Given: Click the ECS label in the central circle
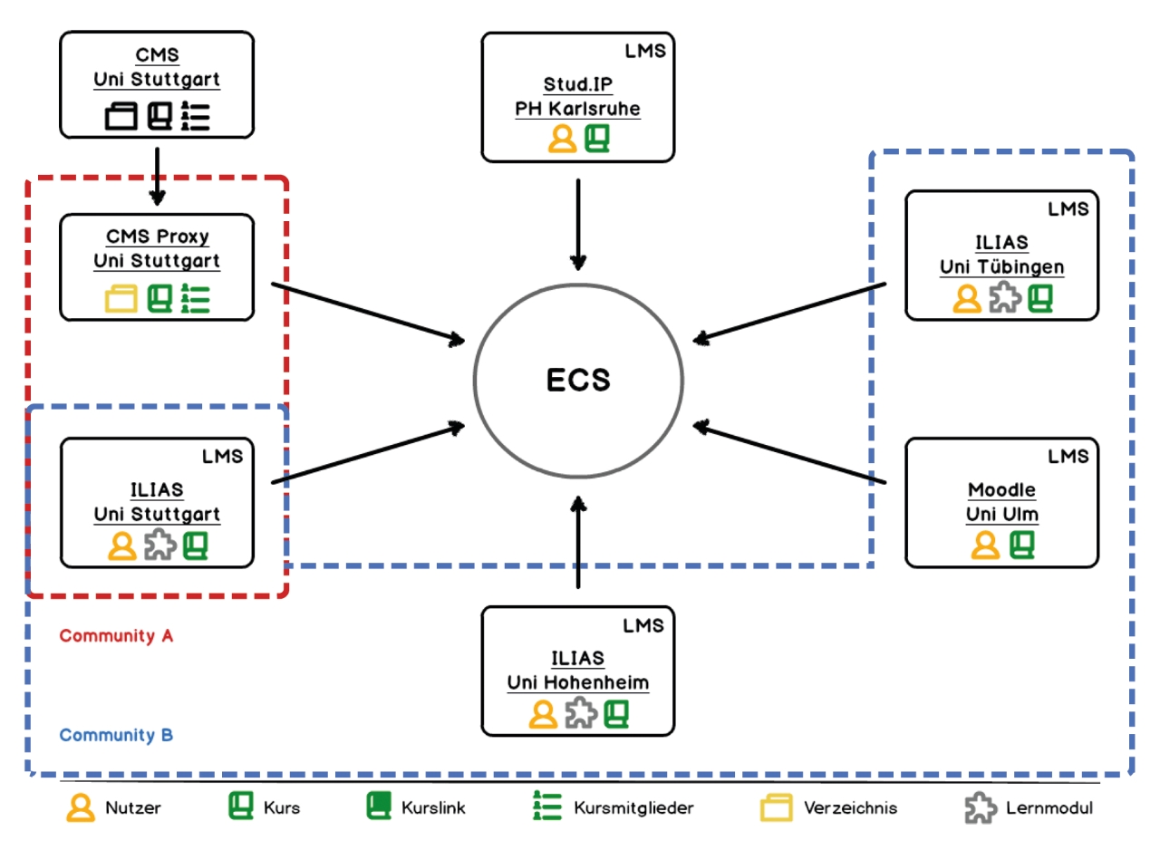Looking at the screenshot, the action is [578, 380].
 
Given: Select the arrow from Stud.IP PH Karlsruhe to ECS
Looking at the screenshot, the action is [578, 224].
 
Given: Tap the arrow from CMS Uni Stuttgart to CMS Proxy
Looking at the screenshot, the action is [157, 176].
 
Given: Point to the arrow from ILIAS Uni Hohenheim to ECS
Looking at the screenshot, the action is [578, 542].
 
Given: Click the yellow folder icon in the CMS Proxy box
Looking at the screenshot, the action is [121, 299].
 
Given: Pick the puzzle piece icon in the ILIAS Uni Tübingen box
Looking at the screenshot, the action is [1005, 297].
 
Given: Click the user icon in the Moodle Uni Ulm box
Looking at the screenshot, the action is [985, 546].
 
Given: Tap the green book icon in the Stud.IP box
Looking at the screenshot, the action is [597, 139].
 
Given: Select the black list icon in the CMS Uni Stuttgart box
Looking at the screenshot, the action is [195, 116].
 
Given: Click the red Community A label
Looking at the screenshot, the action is [116, 636].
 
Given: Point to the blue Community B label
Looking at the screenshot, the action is [116, 735].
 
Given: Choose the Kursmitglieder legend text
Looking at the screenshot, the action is [633, 807].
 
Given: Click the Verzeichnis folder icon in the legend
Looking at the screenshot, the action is [777, 807].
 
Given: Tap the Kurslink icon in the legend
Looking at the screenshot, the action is [379, 807].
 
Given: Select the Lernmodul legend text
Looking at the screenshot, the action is [1049, 807].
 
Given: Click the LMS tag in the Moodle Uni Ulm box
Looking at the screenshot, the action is [1068, 456].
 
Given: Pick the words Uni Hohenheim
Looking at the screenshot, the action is [578, 682].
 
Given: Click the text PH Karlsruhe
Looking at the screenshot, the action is [577, 109].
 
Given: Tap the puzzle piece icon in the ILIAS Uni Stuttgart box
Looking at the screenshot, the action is [160, 545].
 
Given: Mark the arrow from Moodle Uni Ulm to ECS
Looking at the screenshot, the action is [789, 453].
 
